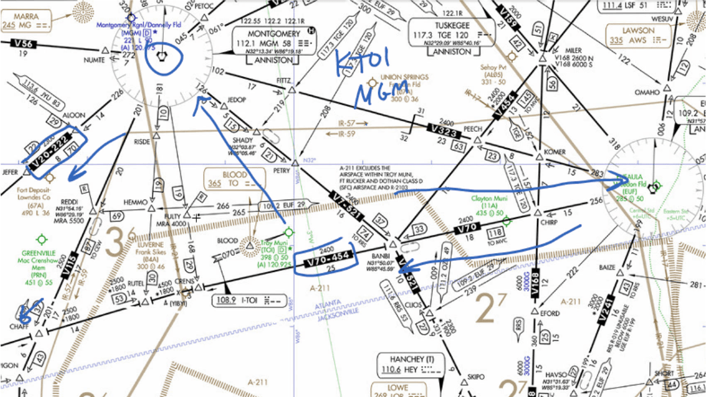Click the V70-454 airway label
[324, 259]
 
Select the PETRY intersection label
[281, 171]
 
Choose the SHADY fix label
[243, 141]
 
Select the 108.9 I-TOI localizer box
[244, 301]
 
